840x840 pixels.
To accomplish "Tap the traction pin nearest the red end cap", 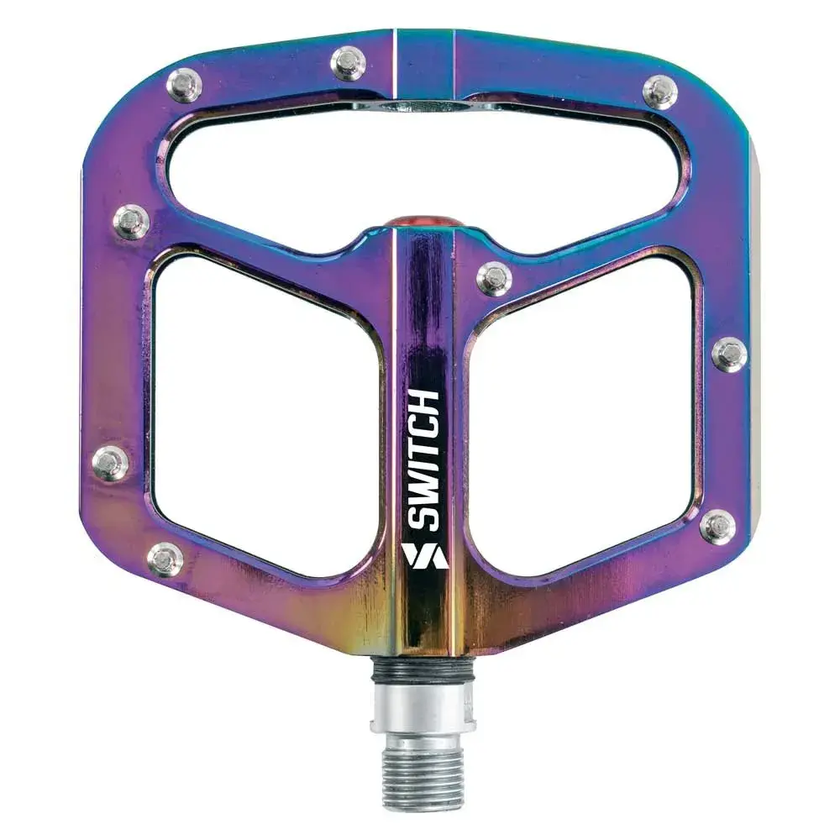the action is pos(494,277).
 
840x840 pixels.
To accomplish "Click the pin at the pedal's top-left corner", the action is pos(184,85).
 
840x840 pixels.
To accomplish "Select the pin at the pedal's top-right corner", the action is pos(660,92).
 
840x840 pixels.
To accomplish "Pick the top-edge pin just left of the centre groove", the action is pos(349,63).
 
